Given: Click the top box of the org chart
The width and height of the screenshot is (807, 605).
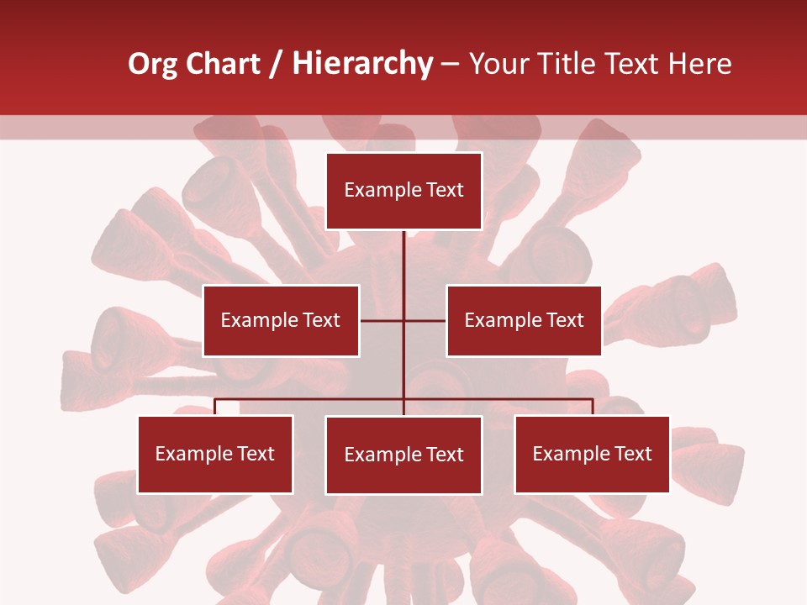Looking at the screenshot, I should point(403,191).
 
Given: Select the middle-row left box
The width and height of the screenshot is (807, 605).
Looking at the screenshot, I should point(281,320).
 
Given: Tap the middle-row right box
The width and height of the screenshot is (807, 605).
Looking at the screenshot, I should point(524,320).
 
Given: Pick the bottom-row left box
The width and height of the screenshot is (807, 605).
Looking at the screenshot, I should point(215,454).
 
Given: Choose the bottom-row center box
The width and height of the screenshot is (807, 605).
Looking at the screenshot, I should point(403,455).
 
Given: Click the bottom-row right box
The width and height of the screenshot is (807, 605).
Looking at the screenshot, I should point(592,454).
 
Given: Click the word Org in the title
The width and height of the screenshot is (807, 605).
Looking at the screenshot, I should point(152,64).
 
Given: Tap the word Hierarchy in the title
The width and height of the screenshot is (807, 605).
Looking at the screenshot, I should point(362,64).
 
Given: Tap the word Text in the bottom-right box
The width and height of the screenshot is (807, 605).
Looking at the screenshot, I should point(633,454).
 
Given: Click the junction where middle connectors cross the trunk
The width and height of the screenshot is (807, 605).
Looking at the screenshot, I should point(403,320).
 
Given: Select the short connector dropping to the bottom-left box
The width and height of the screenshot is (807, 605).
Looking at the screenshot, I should point(215,407).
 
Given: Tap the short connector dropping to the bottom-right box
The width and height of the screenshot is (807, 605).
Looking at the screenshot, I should point(593,407).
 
